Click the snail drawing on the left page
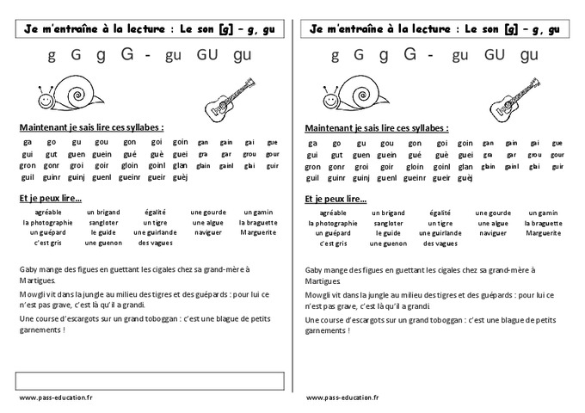point(58,92)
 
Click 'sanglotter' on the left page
point(102,222)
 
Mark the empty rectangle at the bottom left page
point(151,379)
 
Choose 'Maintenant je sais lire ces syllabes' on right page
point(375,127)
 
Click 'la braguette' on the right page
point(546,222)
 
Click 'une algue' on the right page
point(495,222)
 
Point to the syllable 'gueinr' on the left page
point(129,177)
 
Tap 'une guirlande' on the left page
point(155,232)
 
